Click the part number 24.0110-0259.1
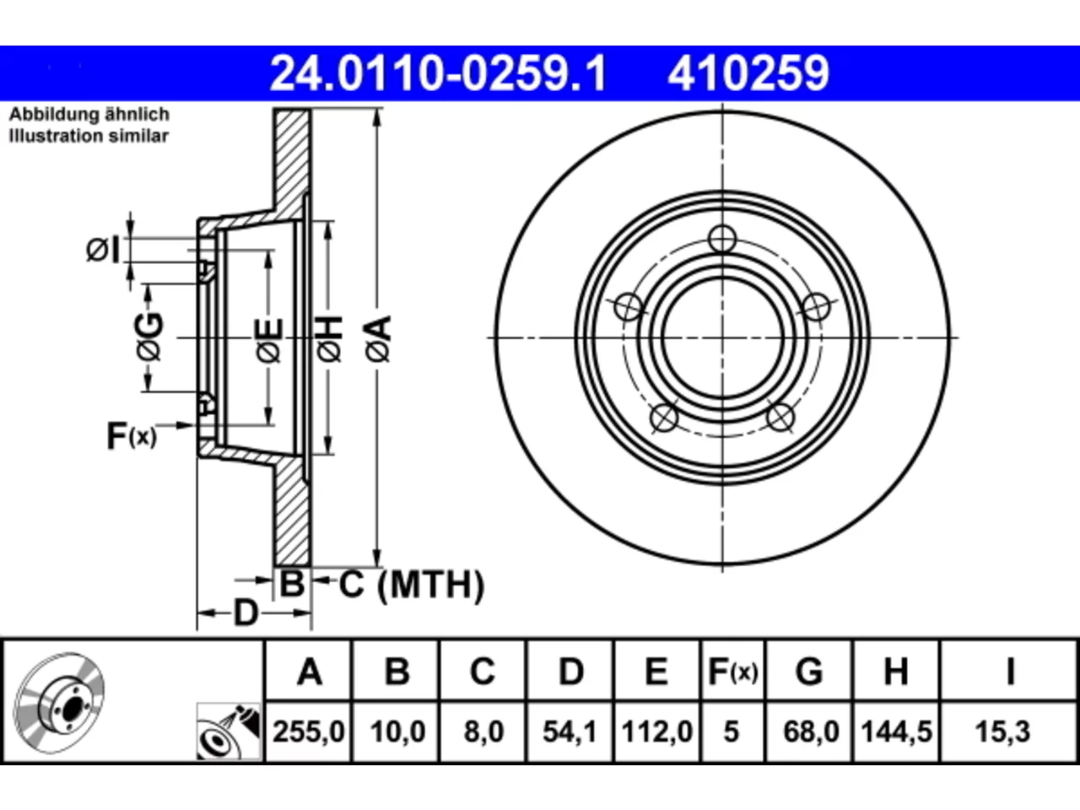(x=438, y=73)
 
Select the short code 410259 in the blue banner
(x=748, y=73)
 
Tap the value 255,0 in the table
(x=309, y=732)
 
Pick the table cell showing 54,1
(x=570, y=732)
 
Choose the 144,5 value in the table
(x=896, y=732)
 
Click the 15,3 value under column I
(x=1002, y=732)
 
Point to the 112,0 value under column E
(x=656, y=732)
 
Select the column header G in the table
(x=809, y=671)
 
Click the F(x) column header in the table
(x=732, y=671)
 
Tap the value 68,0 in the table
(x=811, y=732)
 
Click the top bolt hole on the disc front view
(x=722, y=239)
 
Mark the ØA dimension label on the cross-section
(x=379, y=338)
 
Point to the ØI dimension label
(x=102, y=250)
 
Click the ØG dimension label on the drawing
(x=149, y=337)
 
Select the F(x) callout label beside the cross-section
(x=132, y=435)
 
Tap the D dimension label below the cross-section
(x=245, y=613)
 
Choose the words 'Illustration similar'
(x=89, y=136)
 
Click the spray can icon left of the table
(x=229, y=732)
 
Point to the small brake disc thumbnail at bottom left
(x=59, y=704)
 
